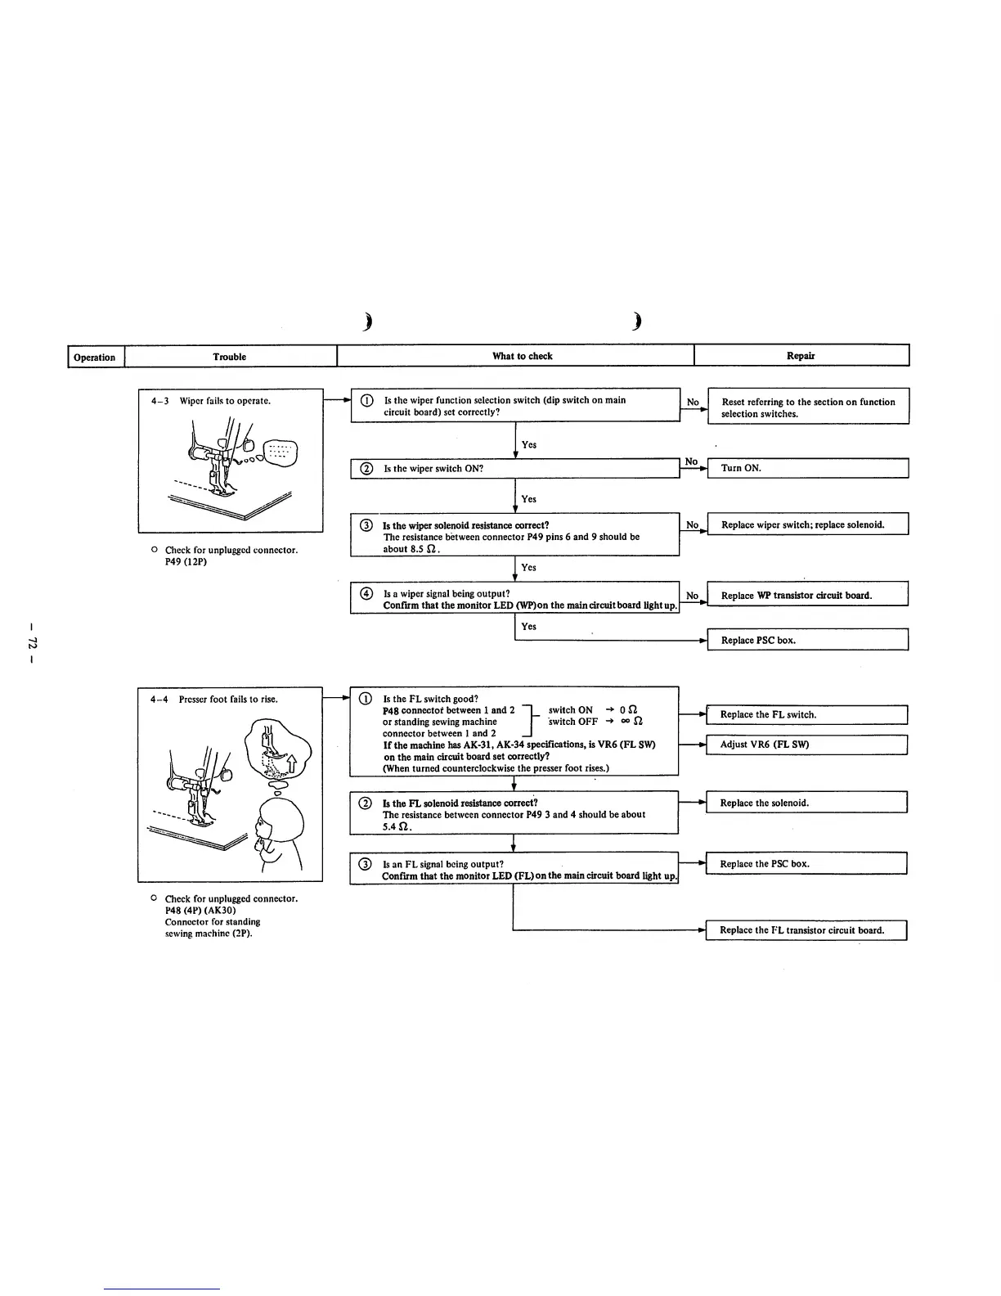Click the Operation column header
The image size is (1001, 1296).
(x=95, y=357)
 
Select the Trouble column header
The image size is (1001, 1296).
(x=230, y=357)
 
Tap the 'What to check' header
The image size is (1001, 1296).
(x=522, y=356)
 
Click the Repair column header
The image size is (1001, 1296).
(x=801, y=356)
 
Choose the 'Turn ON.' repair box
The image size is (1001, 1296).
(x=807, y=468)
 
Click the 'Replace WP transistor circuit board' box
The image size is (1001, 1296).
(x=807, y=595)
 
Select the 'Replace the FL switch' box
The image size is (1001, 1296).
(x=806, y=714)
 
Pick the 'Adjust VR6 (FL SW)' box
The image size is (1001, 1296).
(x=806, y=745)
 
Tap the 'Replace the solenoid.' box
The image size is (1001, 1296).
(x=806, y=803)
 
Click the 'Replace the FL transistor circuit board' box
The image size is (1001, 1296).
(x=806, y=930)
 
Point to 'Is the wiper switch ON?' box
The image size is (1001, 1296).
(x=515, y=469)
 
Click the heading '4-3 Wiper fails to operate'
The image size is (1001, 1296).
(x=211, y=401)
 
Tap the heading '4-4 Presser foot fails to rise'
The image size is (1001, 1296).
(x=214, y=700)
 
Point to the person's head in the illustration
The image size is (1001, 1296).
(x=279, y=818)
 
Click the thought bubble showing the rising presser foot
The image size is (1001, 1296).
(x=279, y=750)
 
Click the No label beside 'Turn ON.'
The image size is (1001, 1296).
(x=692, y=461)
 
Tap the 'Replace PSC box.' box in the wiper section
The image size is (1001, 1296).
(x=807, y=640)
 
